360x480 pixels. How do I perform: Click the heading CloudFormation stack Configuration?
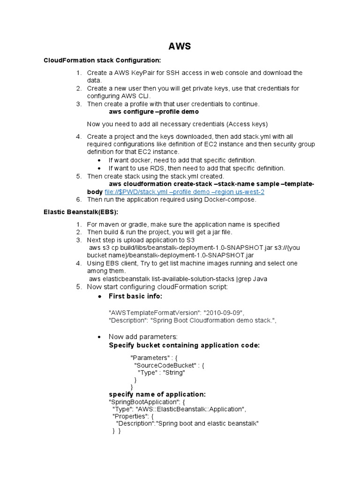(x=102, y=60)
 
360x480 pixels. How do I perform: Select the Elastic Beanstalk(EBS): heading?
(x=81, y=212)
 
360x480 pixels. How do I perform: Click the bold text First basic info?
(x=135, y=297)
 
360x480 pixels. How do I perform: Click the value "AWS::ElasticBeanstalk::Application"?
(x=198, y=409)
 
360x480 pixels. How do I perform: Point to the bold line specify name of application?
(x=157, y=394)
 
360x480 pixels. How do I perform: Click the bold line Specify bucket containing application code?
(x=184, y=345)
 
